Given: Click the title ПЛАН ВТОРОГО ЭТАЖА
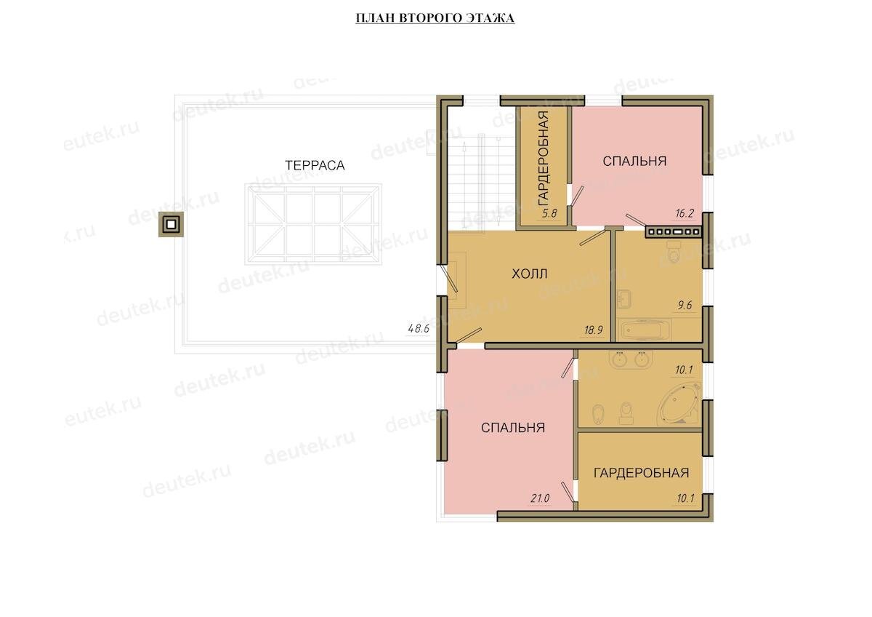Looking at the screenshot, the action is click(x=435, y=18).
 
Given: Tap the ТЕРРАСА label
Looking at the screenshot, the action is click(x=315, y=165).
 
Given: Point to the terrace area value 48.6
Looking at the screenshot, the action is click(x=419, y=329).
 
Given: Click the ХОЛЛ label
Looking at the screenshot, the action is click(x=530, y=274).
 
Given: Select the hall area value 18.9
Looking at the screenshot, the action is click(x=593, y=330).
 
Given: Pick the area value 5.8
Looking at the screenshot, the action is click(x=549, y=213).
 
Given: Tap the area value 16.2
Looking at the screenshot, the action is click(x=685, y=213).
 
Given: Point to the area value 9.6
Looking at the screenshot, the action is click(x=685, y=305).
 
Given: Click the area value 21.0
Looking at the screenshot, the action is click(x=540, y=498).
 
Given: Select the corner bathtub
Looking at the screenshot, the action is click(x=679, y=404).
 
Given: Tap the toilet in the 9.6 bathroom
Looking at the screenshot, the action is click(x=673, y=252).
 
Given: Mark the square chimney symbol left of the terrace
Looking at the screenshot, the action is click(x=171, y=224).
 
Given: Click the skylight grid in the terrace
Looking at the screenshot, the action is click(x=313, y=225).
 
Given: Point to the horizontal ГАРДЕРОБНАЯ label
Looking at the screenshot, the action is click(x=641, y=473).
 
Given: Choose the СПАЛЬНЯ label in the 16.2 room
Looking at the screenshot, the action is click(x=634, y=161).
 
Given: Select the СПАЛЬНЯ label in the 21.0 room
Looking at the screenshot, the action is click(x=513, y=428).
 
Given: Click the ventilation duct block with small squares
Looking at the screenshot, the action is click(x=674, y=232).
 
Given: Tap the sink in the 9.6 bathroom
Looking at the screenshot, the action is click(x=624, y=299).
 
